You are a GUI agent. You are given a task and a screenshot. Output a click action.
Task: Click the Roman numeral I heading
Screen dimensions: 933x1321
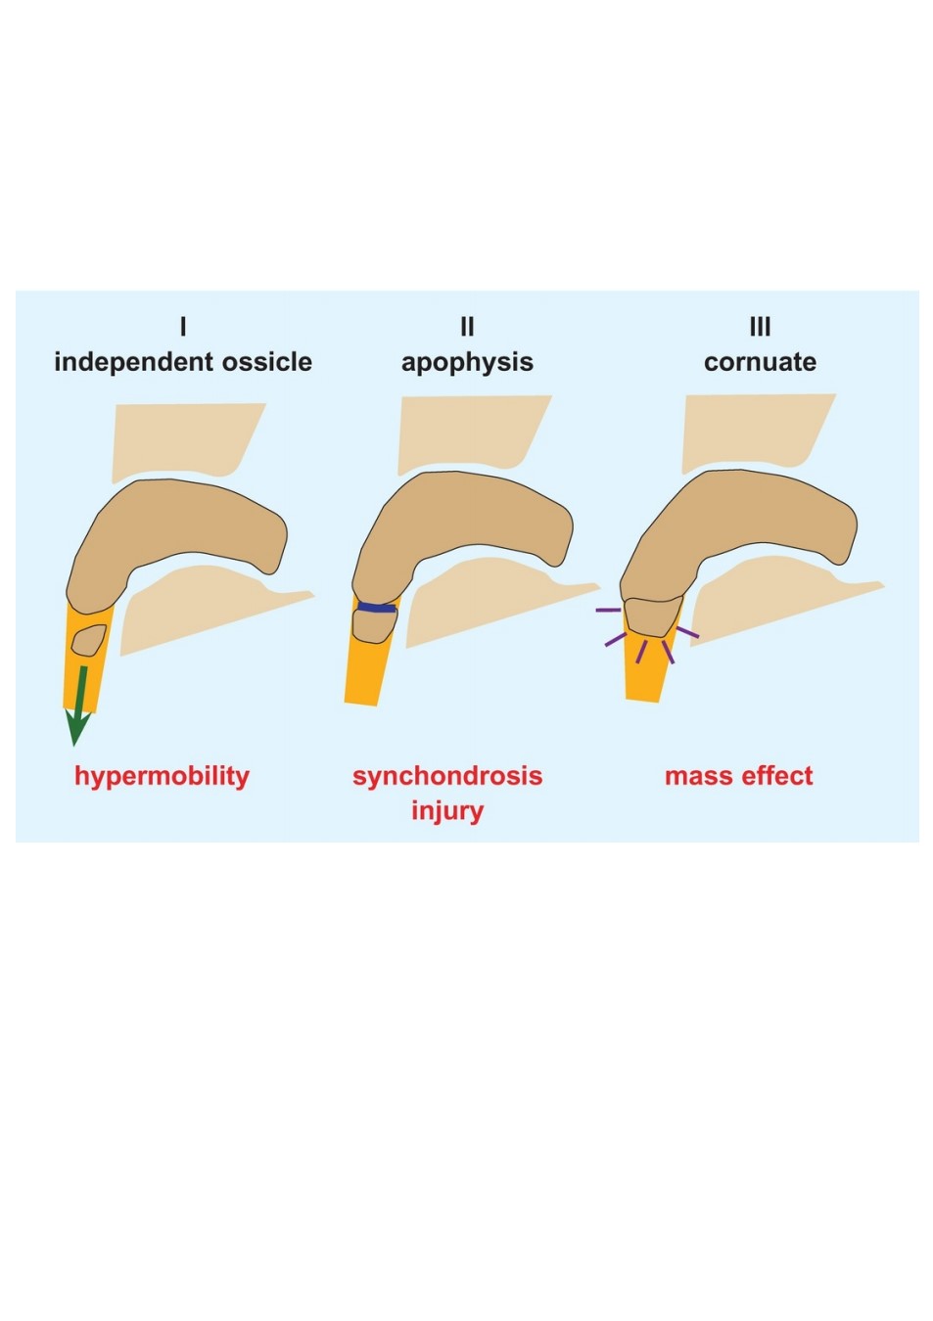point(183,326)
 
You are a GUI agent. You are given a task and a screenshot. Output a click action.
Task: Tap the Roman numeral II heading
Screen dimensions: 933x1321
point(467,326)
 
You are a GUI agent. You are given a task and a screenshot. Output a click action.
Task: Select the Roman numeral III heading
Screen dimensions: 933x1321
point(760,326)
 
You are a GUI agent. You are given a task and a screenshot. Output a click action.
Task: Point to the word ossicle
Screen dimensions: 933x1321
point(266,361)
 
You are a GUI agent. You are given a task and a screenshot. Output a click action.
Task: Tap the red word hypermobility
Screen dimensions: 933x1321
point(162,777)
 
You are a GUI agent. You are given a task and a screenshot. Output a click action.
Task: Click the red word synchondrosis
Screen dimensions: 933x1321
point(447,776)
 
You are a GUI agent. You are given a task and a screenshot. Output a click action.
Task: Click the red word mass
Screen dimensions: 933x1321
point(698,777)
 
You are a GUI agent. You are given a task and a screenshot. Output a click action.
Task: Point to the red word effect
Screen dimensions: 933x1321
point(777,776)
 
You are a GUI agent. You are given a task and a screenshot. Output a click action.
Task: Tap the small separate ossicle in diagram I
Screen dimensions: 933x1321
point(88,640)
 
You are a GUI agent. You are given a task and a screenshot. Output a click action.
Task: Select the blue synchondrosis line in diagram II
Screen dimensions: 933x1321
point(377,608)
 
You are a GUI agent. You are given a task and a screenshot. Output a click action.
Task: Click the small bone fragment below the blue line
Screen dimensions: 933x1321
point(375,626)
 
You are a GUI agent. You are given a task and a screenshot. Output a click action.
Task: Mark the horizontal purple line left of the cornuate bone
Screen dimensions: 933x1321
point(608,610)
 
